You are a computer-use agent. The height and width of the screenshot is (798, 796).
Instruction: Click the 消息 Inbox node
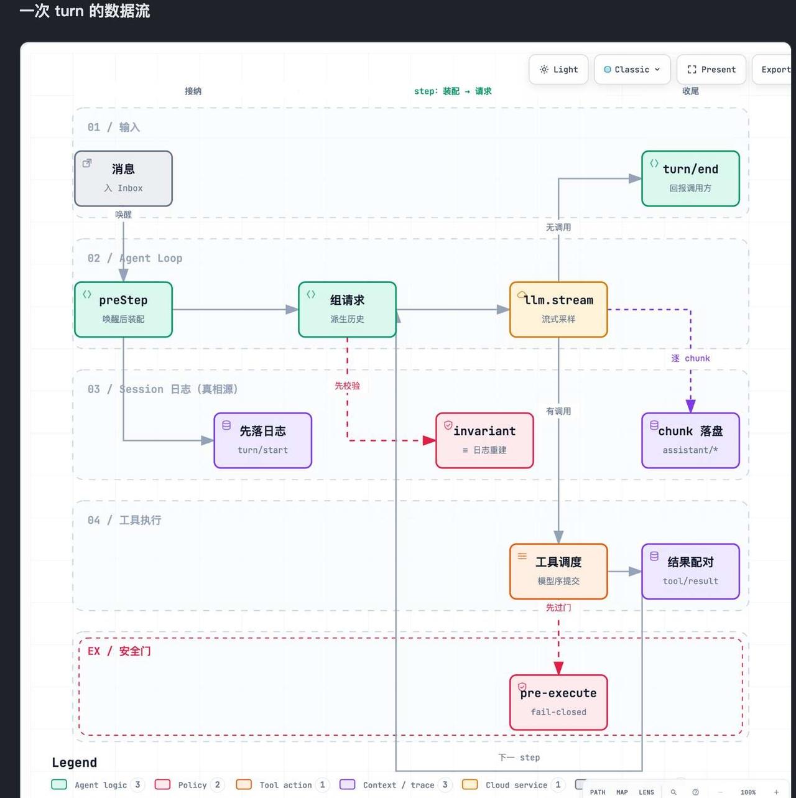123,179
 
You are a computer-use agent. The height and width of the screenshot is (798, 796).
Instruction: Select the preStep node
123,309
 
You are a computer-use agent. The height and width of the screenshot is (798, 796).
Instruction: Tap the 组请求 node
347,309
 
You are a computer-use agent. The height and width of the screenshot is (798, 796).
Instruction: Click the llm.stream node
558,309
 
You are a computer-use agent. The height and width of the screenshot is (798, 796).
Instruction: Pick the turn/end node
690,179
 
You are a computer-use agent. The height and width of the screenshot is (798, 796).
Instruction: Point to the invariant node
484,440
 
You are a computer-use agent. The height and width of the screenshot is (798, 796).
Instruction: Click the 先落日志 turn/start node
262,440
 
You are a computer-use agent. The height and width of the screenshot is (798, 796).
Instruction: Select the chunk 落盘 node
690,440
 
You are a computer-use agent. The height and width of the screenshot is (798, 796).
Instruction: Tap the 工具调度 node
558,571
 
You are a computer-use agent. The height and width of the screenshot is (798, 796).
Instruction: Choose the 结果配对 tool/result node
690,571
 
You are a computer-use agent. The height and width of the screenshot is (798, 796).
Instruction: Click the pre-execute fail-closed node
558,702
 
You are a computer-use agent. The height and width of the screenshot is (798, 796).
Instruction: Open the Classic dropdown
632,70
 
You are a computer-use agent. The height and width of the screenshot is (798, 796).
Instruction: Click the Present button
711,70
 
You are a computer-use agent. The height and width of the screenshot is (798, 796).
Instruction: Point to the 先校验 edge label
347,386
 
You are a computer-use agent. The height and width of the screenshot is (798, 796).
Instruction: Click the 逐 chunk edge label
690,358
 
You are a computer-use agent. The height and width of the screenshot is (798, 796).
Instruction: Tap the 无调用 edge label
558,227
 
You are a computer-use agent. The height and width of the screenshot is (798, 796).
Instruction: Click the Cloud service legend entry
514,784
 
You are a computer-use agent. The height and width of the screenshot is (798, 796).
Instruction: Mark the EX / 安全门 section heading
119,651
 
